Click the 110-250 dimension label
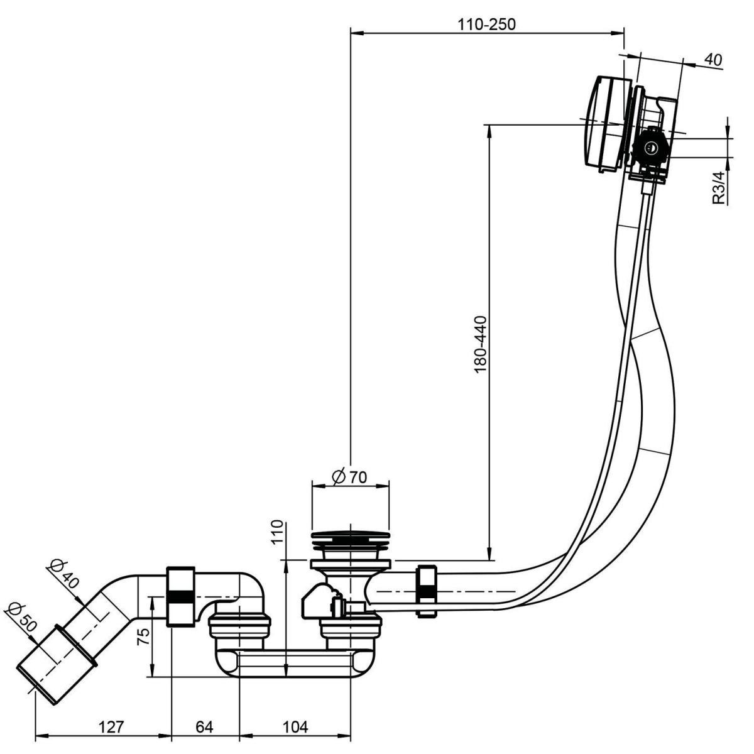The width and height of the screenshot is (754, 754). click(486, 25)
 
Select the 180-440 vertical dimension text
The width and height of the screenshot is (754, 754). click(481, 344)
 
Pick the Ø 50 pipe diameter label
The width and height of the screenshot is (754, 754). click(20, 618)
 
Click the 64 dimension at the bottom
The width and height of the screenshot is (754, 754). click(204, 727)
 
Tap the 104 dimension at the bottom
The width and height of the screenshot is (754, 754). click(295, 727)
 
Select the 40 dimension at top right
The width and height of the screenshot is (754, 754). click(712, 60)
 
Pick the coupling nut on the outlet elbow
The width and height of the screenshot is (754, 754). click(182, 596)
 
